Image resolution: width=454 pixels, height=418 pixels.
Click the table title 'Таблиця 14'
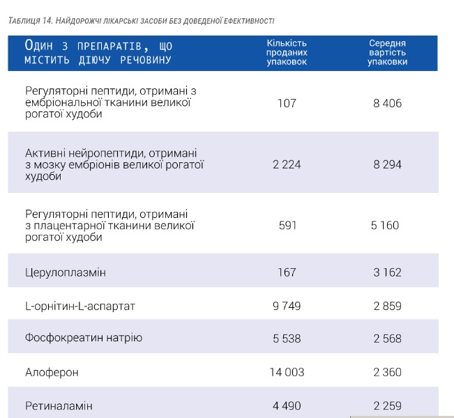[141, 22]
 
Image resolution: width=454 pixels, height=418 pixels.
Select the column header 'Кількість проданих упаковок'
[287, 52]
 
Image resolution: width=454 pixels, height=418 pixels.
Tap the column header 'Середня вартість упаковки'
[387, 52]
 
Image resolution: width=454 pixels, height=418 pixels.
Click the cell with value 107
[287, 103]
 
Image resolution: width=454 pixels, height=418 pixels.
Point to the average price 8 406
[387, 103]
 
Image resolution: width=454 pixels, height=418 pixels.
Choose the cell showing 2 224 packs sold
[287, 164]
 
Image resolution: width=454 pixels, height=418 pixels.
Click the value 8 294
[387, 164]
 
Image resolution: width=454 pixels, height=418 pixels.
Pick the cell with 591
[287, 225]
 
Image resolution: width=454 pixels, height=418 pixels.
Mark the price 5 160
[387, 225]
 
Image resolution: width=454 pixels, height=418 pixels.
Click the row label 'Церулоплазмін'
[66, 272]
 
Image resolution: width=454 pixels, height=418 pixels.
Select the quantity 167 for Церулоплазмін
[287, 272]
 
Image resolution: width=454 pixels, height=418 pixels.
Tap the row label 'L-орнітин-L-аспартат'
[80, 306]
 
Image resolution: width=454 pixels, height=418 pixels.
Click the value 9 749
[287, 306]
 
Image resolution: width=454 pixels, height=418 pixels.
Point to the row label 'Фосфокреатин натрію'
[84, 338]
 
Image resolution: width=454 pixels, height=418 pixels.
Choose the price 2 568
[387, 338]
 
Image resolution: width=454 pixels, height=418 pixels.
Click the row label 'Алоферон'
[52, 372]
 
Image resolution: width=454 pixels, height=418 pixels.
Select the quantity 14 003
[287, 372]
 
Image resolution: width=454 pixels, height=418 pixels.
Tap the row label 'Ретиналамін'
[59, 405]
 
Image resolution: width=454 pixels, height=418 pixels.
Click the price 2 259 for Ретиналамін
[387, 405]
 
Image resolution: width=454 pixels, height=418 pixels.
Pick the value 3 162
[387, 272]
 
